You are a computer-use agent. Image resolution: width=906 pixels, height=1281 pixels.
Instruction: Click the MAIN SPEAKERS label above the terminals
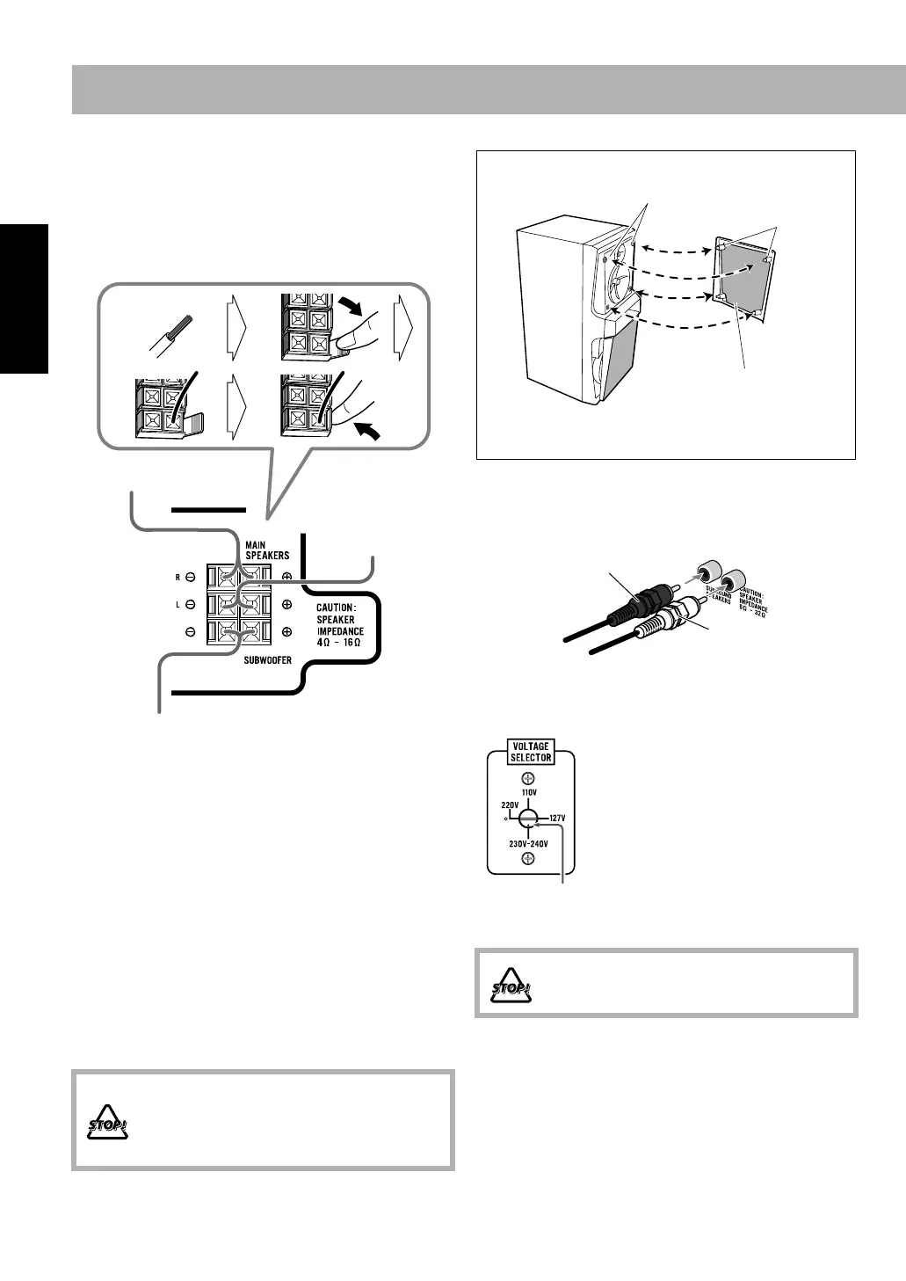[266, 550]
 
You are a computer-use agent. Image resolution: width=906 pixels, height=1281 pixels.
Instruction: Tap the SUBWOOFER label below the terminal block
[267, 659]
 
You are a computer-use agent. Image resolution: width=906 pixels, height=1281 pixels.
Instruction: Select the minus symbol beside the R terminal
[190, 578]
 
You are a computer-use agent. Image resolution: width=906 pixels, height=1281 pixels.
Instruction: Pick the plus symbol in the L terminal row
[286, 605]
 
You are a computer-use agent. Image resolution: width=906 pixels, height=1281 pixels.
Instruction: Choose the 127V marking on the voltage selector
[557, 818]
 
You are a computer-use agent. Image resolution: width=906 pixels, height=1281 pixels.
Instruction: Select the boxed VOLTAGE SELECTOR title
[531, 752]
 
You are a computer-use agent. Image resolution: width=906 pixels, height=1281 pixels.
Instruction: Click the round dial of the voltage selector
[526, 818]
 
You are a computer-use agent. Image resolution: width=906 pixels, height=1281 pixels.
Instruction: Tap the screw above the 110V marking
[526, 777]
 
